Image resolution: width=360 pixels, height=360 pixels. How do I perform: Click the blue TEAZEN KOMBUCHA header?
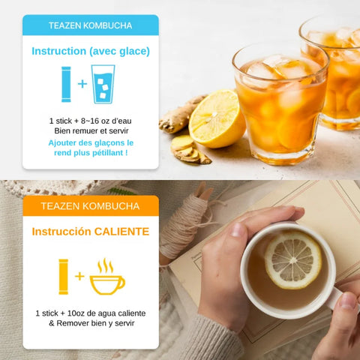[x=90, y=25]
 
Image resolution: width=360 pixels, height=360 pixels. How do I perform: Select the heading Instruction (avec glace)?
[x=90, y=51]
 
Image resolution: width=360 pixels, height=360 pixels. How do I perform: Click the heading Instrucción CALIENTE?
[x=90, y=232]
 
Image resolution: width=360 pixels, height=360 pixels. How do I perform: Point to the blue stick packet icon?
[x=66, y=83]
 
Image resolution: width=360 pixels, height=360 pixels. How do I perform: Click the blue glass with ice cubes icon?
[x=103, y=84]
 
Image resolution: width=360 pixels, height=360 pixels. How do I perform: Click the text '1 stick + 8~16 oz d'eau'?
[x=90, y=120]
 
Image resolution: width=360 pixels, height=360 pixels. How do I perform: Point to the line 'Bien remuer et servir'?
[x=90, y=130]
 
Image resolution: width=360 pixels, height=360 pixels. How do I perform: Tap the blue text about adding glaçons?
[x=90, y=147]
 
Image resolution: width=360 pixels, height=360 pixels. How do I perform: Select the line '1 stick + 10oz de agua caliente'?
[x=90, y=312]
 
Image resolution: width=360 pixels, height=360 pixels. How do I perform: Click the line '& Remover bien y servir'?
[x=90, y=323]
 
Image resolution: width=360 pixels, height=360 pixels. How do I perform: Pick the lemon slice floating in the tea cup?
[x=292, y=259]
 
